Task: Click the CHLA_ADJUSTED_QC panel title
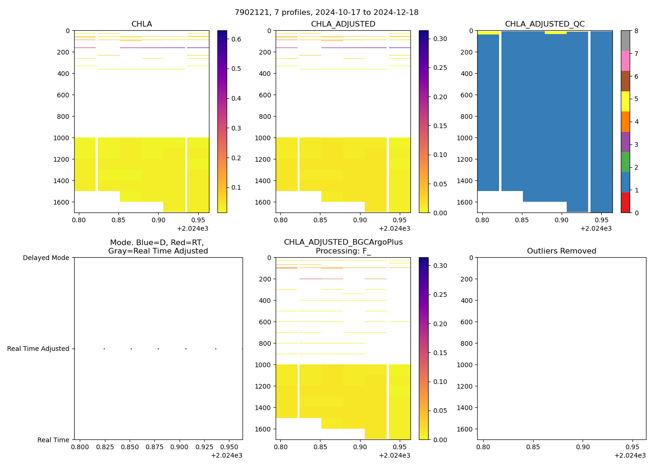(x=545, y=24)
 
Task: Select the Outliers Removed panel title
(x=562, y=251)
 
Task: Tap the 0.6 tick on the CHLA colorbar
(x=236, y=39)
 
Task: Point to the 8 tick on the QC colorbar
(x=636, y=31)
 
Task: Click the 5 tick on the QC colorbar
(x=636, y=99)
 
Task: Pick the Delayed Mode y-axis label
(x=46, y=258)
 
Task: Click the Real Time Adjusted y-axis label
(x=38, y=349)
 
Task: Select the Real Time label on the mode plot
(x=53, y=440)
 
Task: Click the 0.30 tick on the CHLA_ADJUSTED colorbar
(x=440, y=39)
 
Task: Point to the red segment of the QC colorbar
(x=625, y=203)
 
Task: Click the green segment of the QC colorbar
(x=625, y=162)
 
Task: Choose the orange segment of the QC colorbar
(x=625, y=122)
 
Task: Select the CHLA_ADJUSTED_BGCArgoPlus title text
(x=343, y=242)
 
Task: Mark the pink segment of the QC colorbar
(x=625, y=61)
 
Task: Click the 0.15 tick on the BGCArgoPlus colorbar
(x=440, y=353)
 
